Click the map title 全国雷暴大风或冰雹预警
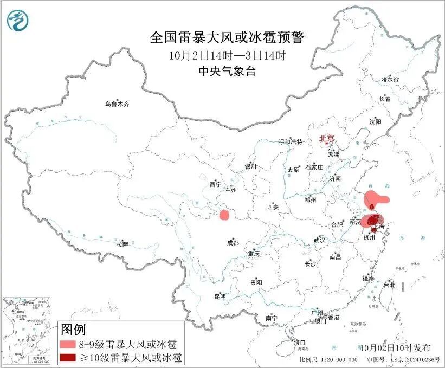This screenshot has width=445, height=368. [227, 37]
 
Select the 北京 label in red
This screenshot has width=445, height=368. [327, 138]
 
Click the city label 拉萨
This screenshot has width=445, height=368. [122, 244]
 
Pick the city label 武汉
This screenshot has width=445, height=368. [319, 240]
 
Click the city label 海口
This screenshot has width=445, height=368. [299, 342]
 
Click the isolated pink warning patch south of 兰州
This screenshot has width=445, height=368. [224, 215]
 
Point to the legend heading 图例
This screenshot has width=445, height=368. [73, 329]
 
